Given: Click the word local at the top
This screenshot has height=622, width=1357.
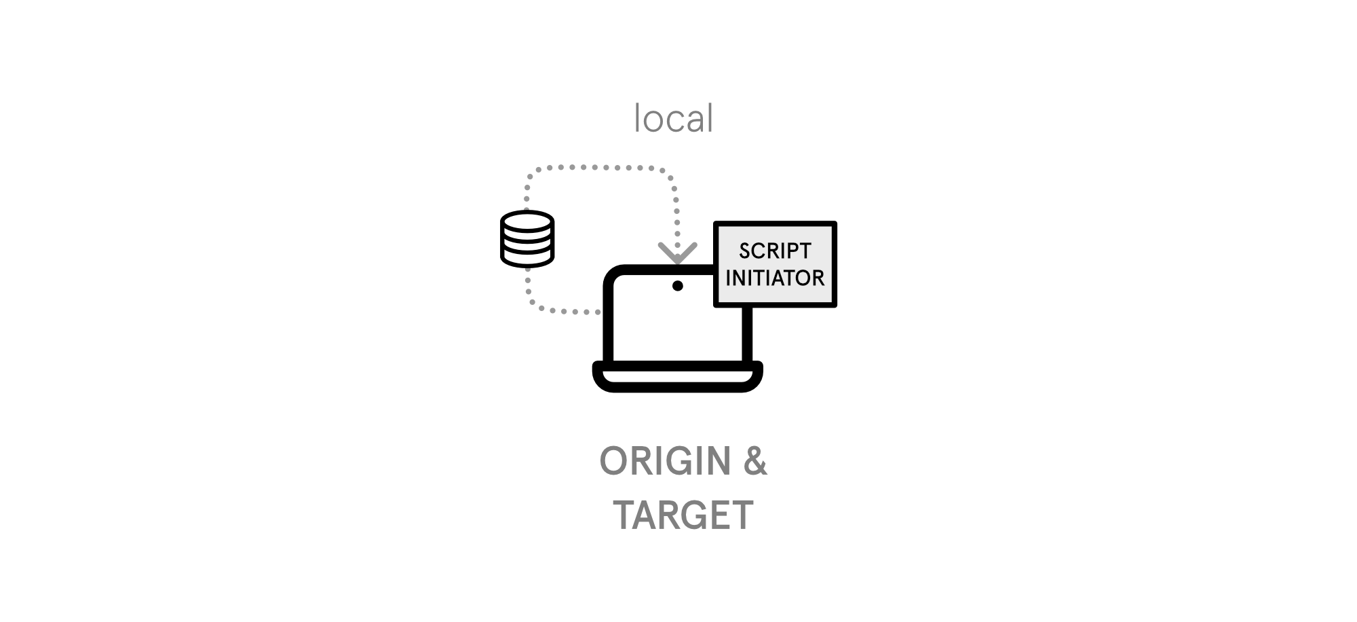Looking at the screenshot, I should click(673, 119).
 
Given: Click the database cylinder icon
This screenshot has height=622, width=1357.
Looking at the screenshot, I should click(527, 239).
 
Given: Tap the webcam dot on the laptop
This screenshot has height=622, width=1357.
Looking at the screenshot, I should click(677, 286).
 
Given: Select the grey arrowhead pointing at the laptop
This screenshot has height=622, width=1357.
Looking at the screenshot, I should click(677, 253).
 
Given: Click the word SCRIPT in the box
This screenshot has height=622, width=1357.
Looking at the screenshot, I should click(775, 251).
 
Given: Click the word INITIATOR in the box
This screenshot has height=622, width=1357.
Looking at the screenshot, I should click(775, 278).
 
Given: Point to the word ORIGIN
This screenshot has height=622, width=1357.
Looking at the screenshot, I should click(665, 462).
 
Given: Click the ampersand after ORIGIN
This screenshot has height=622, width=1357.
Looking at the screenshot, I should click(754, 462).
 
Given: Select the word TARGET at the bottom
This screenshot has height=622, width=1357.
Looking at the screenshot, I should click(683, 515).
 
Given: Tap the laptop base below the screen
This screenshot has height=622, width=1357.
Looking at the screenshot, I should click(677, 378).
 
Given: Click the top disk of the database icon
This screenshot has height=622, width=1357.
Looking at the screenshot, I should click(527, 222).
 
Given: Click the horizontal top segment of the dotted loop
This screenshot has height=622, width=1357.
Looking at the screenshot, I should click(597, 167).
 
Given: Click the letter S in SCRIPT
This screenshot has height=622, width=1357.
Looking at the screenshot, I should click(744, 251).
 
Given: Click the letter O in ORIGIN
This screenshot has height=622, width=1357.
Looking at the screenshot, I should click(613, 462).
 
